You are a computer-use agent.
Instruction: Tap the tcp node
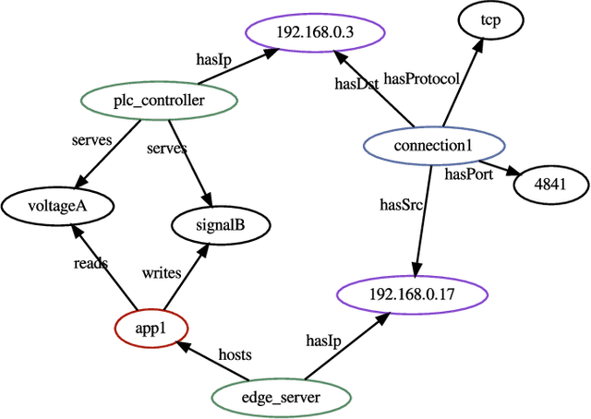click(490, 22)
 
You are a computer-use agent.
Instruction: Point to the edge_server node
click(280, 398)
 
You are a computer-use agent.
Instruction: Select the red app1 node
click(151, 328)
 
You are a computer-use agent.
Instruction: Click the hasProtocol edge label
click(421, 79)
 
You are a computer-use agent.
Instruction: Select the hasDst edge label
click(356, 85)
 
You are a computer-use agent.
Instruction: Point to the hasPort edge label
click(468, 173)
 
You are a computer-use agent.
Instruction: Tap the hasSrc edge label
click(401, 204)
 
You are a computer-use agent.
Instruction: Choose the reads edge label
click(90, 263)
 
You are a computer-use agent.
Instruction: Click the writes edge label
click(161, 272)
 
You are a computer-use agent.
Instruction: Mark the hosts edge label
click(235, 353)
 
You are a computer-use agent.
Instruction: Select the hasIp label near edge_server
click(323, 341)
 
